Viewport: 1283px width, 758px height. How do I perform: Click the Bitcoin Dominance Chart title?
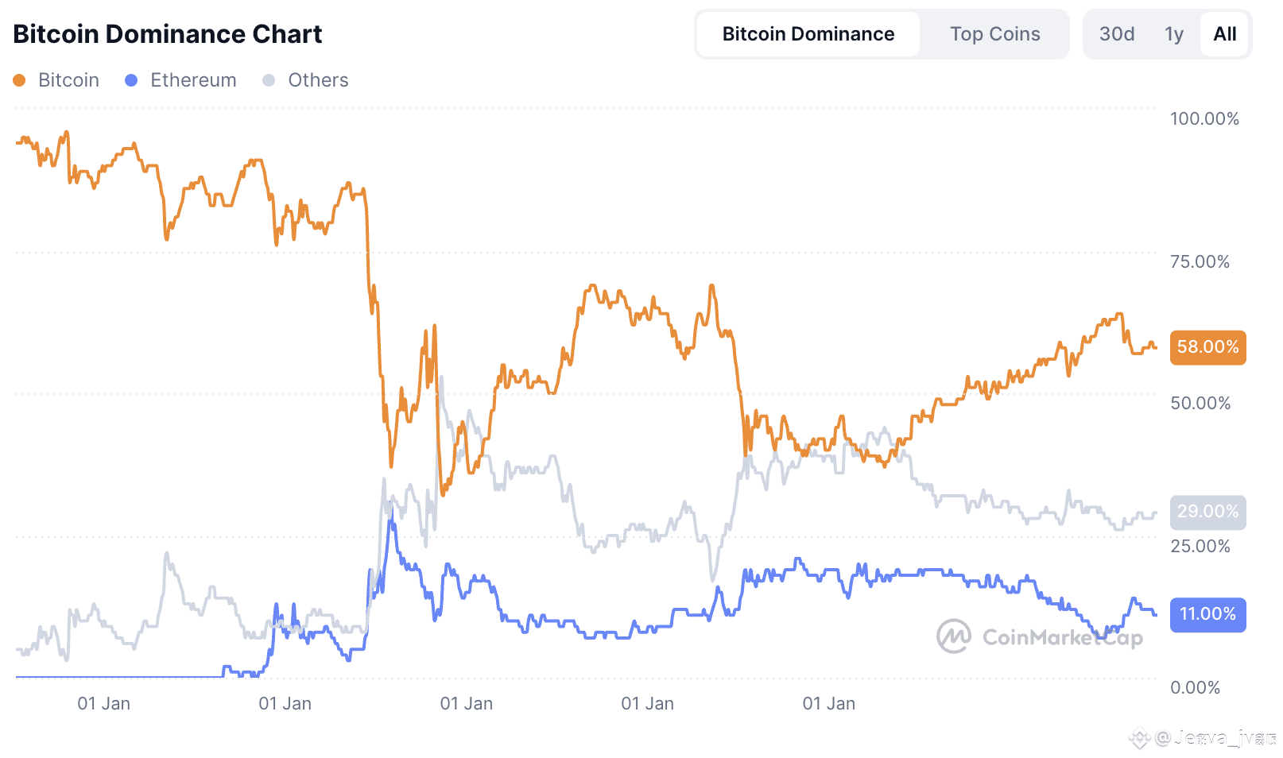point(167,34)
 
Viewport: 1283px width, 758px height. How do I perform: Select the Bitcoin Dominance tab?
point(808,34)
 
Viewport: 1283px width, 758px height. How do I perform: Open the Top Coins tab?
point(994,34)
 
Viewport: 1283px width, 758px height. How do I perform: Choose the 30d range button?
point(1116,34)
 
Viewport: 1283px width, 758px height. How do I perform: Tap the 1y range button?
point(1173,34)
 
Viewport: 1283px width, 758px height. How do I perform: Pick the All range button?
point(1224,34)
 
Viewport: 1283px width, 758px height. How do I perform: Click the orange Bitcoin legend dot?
point(19,80)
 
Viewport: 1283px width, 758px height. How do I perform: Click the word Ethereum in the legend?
point(193,80)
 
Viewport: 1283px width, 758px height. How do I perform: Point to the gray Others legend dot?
point(269,80)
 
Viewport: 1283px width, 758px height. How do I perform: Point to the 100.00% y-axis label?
point(1204,119)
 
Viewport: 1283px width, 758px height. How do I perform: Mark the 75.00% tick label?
point(1199,262)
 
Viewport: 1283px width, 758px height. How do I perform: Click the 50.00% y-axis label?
point(1200,404)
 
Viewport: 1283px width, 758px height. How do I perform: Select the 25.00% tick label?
point(1200,547)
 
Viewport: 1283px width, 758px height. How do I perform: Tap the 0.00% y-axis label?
point(1194,688)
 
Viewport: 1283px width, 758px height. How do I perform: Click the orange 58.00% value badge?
point(1207,347)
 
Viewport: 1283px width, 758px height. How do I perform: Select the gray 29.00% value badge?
point(1207,512)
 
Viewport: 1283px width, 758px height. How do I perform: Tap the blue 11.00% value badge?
point(1207,614)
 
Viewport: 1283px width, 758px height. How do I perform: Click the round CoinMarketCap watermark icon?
point(953,636)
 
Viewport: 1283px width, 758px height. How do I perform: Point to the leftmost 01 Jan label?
point(103,704)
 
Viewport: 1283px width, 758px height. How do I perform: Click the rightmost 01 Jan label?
point(828,704)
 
